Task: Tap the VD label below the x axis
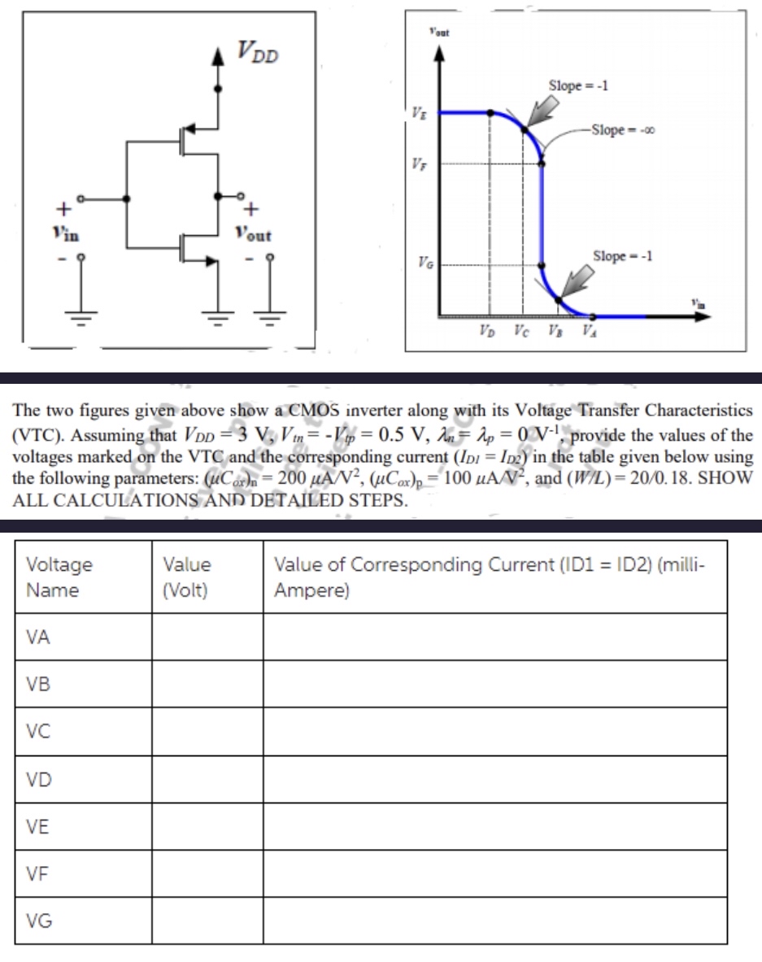tap(486, 332)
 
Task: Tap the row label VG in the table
tap(38, 921)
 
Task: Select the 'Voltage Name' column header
tap(59, 577)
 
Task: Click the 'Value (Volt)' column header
tap(186, 577)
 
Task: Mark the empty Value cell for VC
tap(207, 732)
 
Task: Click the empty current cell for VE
tap(494, 826)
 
